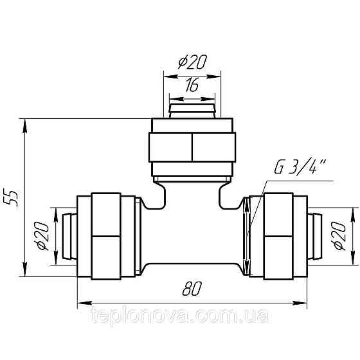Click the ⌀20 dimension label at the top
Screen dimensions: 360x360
pyautogui.click(x=191, y=63)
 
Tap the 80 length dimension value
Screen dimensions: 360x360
pyautogui.click(x=191, y=290)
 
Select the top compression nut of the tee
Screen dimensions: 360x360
pyautogui.click(x=192, y=147)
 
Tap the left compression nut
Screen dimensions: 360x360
pyautogui.click(x=106, y=235)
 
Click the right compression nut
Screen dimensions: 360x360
pyautogui.click(x=278, y=235)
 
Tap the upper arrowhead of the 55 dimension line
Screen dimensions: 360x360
pyautogui.click(x=25, y=124)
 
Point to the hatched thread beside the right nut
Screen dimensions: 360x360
pyautogui.click(x=248, y=236)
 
